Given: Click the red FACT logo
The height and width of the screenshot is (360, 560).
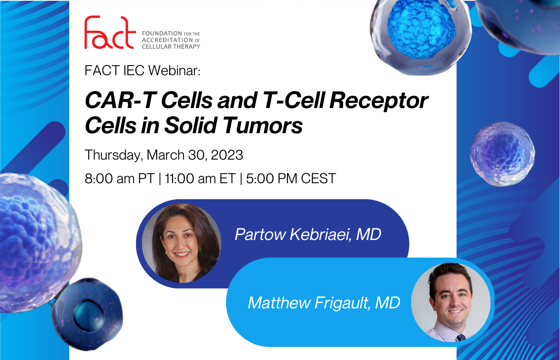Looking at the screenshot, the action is click(x=110, y=32).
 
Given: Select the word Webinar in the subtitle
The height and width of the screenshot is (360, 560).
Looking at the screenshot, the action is click(x=174, y=70).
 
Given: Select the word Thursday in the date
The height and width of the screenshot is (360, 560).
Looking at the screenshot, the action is click(x=114, y=155).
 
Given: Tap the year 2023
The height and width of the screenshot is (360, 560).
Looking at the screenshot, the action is click(x=227, y=155).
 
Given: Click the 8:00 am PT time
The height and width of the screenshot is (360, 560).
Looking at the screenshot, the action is click(x=120, y=178).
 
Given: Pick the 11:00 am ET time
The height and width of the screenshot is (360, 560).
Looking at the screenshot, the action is click(x=200, y=178).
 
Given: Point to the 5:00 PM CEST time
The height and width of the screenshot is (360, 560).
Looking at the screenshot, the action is click(x=291, y=178).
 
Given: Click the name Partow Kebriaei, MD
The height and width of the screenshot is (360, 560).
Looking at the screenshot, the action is click(x=308, y=234).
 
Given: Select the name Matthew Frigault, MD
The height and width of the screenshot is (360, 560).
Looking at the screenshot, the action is click(x=324, y=303).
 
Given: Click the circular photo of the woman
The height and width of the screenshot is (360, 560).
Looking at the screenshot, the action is click(x=182, y=243).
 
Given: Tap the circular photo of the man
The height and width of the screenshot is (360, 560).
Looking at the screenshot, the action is click(x=451, y=302).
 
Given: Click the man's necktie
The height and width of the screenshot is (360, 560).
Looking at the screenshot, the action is click(x=460, y=338).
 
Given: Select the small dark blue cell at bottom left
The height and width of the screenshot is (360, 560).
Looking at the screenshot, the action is click(x=88, y=314).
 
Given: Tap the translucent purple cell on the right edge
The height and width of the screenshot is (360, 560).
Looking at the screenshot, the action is click(x=502, y=154).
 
